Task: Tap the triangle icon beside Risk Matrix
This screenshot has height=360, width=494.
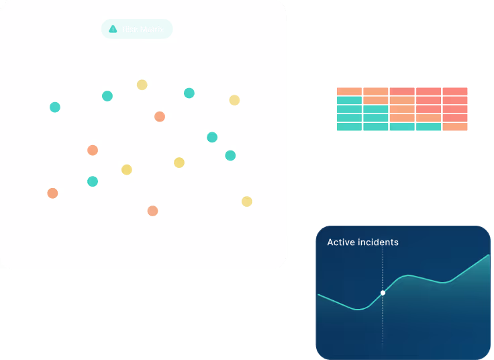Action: (113, 29)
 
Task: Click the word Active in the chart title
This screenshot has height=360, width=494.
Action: (340, 242)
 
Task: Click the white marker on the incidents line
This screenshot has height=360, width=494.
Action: (383, 293)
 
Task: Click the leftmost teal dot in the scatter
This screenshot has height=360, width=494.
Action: (55, 107)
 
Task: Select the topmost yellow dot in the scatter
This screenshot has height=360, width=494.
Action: (142, 85)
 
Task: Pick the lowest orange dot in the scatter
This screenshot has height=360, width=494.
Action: (152, 211)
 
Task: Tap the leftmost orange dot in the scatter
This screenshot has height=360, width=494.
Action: (52, 193)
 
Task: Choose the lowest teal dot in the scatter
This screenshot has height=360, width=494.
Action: (93, 181)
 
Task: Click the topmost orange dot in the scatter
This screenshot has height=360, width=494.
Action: (159, 117)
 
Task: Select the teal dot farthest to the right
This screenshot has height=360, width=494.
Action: (230, 155)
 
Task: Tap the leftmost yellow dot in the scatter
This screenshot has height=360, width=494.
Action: (127, 169)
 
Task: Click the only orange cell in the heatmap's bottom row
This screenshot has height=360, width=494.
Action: (455, 127)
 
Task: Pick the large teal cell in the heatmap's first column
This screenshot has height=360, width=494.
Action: (349, 109)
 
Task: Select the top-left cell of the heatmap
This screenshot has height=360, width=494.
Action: (349, 91)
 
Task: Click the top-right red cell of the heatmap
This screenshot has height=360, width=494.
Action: (455, 91)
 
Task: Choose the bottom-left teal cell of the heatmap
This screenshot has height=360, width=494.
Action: (349, 127)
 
